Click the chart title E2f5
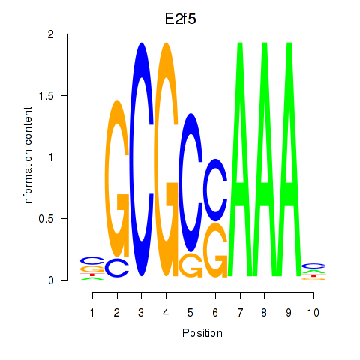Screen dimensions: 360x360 click(180, 19)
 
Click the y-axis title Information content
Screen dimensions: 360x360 click(28, 157)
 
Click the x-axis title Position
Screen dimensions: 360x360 click(202, 333)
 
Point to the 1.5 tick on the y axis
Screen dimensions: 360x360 click(64, 95)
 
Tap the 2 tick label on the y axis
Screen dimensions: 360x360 click(51, 34)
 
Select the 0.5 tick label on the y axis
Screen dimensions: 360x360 click(46, 219)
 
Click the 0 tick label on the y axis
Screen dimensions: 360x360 click(51, 280)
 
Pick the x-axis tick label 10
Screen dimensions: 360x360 click(313, 313)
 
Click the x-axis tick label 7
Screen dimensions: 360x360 click(240, 313)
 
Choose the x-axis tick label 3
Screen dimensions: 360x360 click(141, 313)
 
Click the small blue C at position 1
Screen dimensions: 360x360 click(92, 261)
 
